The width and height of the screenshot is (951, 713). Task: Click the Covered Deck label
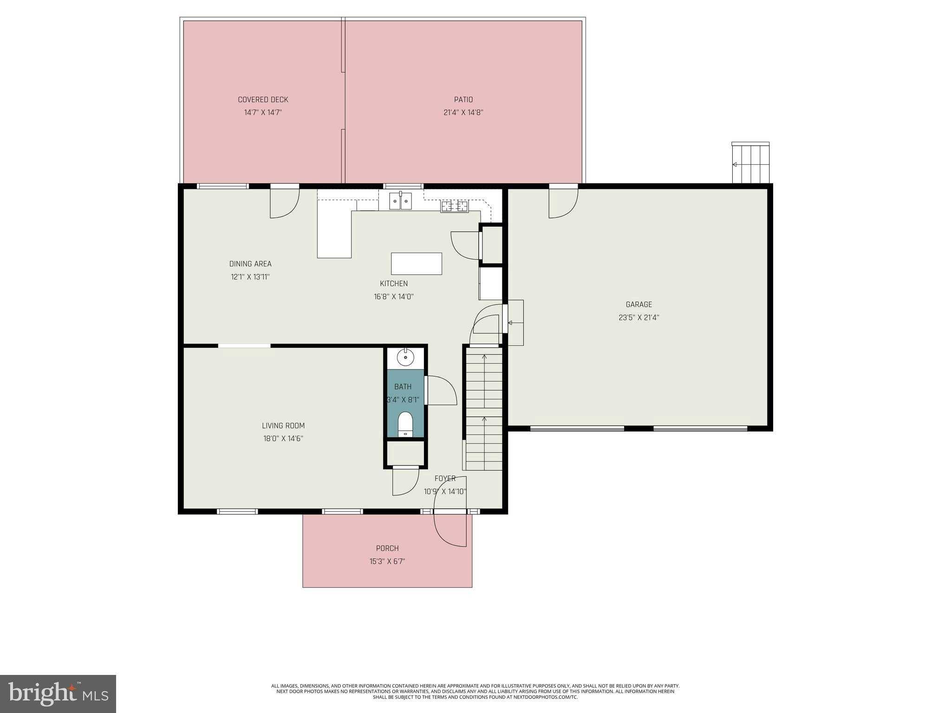tap(263, 100)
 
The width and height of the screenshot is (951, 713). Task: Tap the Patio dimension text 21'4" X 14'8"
tap(463, 112)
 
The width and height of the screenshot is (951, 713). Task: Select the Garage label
tap(639, 305)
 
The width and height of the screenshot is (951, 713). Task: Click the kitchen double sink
tap(400, 201)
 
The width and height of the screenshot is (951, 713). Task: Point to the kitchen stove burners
tap(455, 206)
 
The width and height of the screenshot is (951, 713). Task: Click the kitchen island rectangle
tap(417, 264)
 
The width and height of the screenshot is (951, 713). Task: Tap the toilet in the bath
tap(405, 424)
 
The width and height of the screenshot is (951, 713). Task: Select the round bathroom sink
tap(406, 357)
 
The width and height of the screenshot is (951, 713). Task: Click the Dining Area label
tap(250, 264)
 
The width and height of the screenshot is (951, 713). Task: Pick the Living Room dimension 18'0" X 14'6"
tap(283, 438)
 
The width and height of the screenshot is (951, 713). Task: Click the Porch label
tap(387, 548)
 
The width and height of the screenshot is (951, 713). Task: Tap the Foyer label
tap(445, 479)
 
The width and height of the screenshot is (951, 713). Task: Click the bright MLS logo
tap(58, 694)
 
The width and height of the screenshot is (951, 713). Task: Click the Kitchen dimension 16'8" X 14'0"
tap(394, 297)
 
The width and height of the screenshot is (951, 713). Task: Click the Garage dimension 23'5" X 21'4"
tap(639, 318)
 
